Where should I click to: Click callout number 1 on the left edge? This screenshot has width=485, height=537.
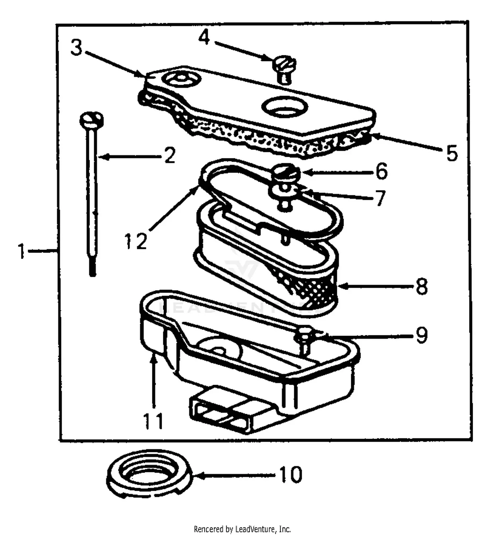click(x=21, y=252)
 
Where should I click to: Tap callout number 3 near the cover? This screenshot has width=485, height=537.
click(x=77, y=48)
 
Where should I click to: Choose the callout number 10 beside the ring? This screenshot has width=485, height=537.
click(x=290, y=475)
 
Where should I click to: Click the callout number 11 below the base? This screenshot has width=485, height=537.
click(x=154, y=421)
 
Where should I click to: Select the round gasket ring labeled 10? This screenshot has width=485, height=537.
click(x=150, y=474)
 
